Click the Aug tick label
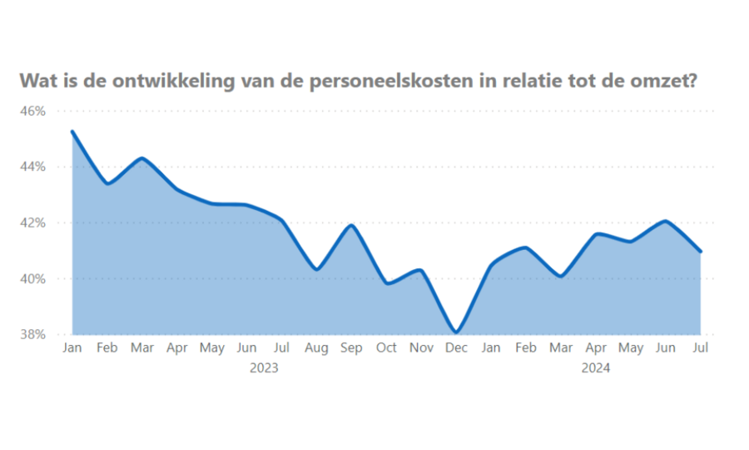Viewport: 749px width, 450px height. tap(316, 348)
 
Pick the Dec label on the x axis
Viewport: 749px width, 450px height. tap(457, 348)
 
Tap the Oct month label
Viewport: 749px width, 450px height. tap(386, 348)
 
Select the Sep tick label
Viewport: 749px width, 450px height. tap(351, 348)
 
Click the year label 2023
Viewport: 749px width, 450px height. tap(264, 367)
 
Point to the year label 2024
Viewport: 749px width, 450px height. tap(596, 367)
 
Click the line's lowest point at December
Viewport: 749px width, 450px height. tap(457, 332)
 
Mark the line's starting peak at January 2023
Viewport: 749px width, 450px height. tap(72, 132)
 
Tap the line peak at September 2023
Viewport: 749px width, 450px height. tap(352, 225)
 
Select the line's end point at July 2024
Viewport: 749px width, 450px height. tap(701, 252)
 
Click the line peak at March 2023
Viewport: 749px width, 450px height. tap(142, 158)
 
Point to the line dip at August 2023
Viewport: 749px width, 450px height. tap(316, 269)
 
